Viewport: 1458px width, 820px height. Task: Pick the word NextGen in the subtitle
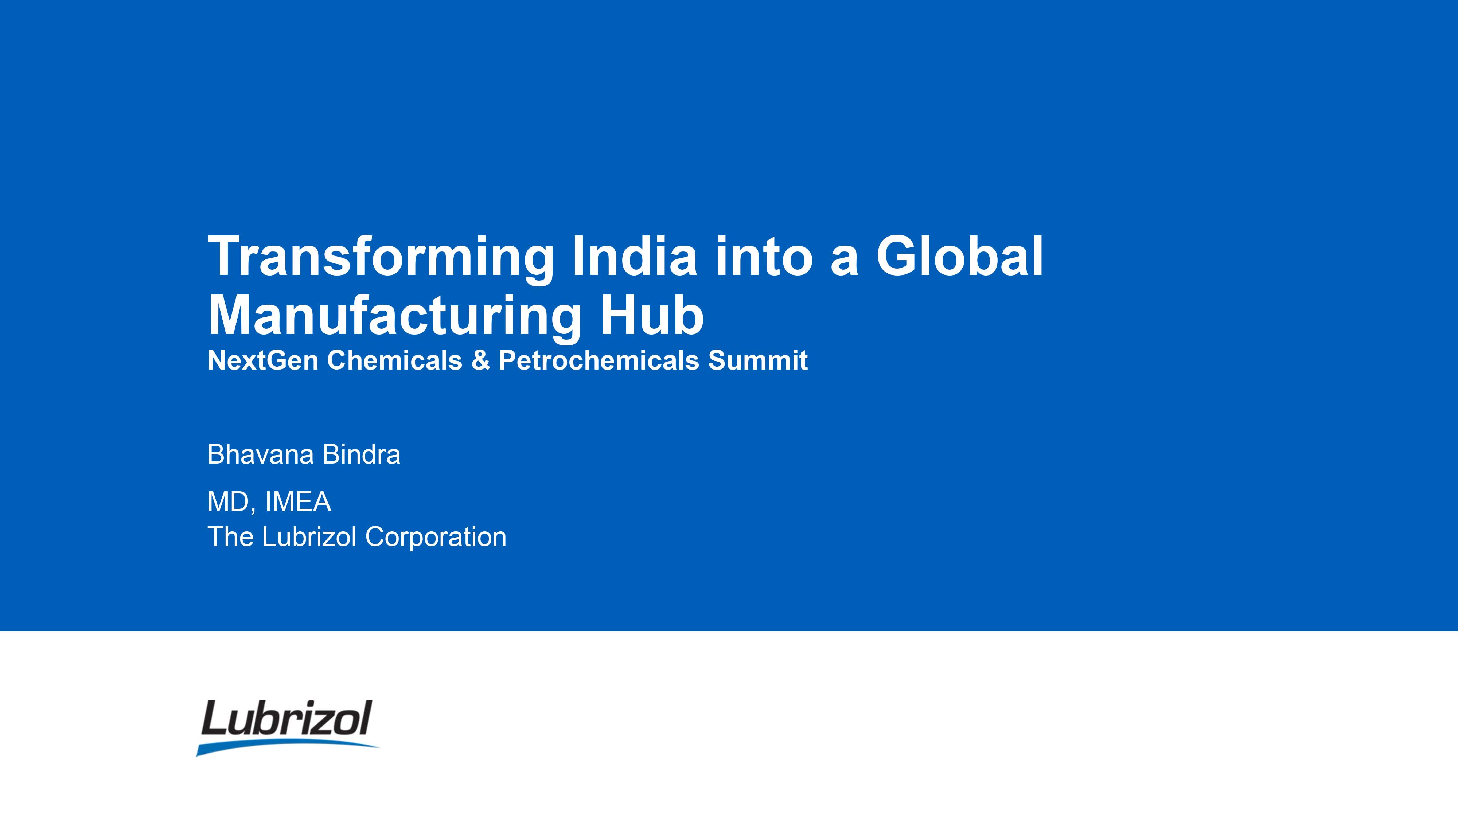click(263, 360)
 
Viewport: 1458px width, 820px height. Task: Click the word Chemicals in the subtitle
click(394, 360)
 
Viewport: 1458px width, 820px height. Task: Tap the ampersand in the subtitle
click(480, 360)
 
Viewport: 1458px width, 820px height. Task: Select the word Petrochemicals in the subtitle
click(599, 360)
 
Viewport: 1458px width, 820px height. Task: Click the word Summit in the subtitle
click(758, 360)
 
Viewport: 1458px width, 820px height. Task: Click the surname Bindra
click(361, 454)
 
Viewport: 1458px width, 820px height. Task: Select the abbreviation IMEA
click(298, 502)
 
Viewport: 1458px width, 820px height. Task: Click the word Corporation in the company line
click(436, 538)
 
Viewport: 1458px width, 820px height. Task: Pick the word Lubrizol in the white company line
click(309, 537)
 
